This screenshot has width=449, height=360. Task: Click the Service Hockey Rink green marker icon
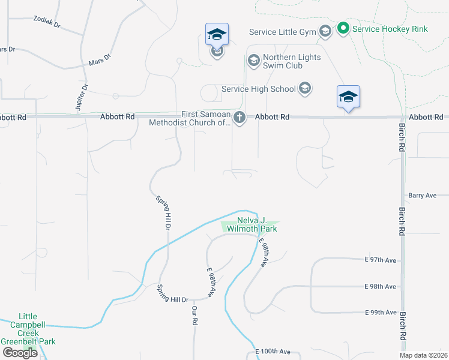point(343,28)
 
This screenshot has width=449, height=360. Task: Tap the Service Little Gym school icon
point(325,31)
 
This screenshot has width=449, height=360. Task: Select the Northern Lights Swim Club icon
point(253,60)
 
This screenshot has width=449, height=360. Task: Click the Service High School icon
point(304,89)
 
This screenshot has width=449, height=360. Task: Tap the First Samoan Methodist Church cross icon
point(240,117)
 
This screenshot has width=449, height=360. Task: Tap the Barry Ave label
point(422,195)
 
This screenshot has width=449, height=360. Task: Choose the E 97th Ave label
point(381,260)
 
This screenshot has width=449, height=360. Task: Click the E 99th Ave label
point(381,313)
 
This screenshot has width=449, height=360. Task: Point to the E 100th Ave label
point(273,352)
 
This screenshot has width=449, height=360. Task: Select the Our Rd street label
point(194,316)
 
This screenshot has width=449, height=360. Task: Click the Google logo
point(20,353)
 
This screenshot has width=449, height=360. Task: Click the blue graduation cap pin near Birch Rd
point(348,98)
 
